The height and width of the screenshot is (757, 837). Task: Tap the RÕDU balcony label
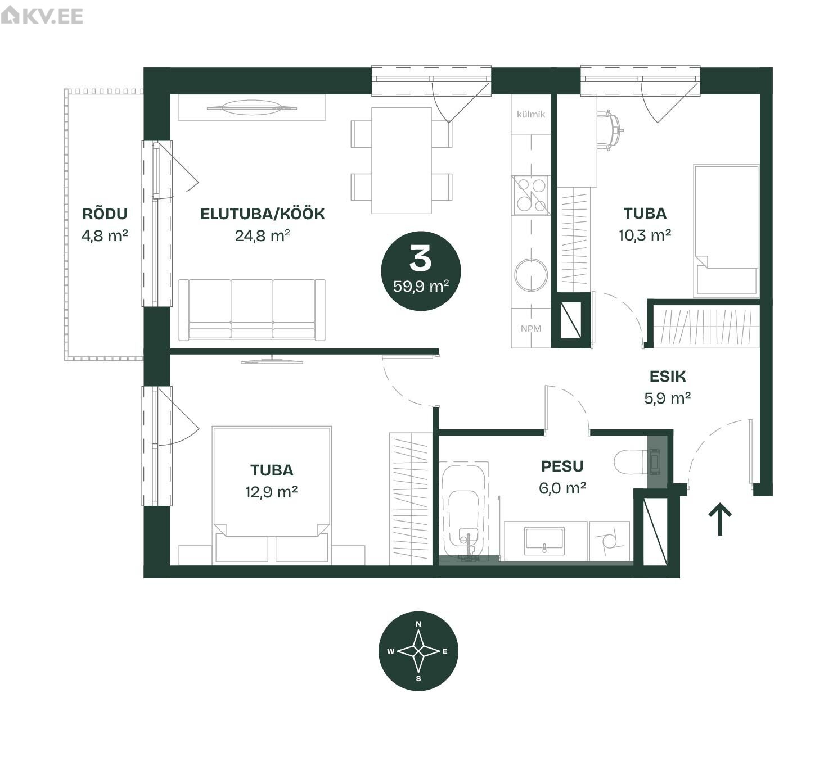coord(105,214)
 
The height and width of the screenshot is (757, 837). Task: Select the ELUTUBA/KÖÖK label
coord(263,214)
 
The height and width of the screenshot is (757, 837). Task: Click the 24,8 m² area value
coord(263,236)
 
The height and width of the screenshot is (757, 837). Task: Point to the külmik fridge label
coord(531,114)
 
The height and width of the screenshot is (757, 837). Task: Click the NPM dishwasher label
coord(531,328)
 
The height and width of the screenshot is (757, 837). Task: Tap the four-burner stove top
coord(531,195)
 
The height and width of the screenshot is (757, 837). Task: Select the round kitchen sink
coord(531,274)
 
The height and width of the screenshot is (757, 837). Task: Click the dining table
coord(402,161)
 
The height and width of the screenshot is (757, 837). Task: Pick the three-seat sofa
coord(252,309)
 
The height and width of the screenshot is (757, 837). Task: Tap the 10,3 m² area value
coord(645,235)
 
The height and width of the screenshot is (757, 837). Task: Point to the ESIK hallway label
coord(668,377)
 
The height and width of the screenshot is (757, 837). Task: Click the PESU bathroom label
coord(562,466)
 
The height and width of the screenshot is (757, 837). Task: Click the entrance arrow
coord(720,519)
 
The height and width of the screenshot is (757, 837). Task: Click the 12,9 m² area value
coord(272,492)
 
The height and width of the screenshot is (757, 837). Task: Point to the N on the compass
coord(418,624)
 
